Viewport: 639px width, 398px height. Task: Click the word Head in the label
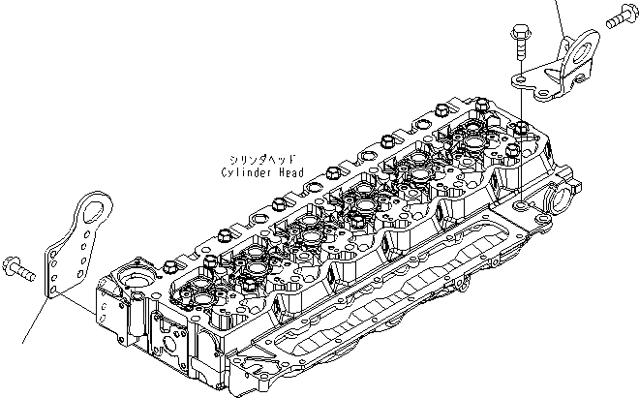[290, 173]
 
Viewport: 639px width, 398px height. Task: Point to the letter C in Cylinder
[226, 173]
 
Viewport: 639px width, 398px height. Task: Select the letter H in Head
[281, 173]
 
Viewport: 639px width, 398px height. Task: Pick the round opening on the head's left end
[132, 287]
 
